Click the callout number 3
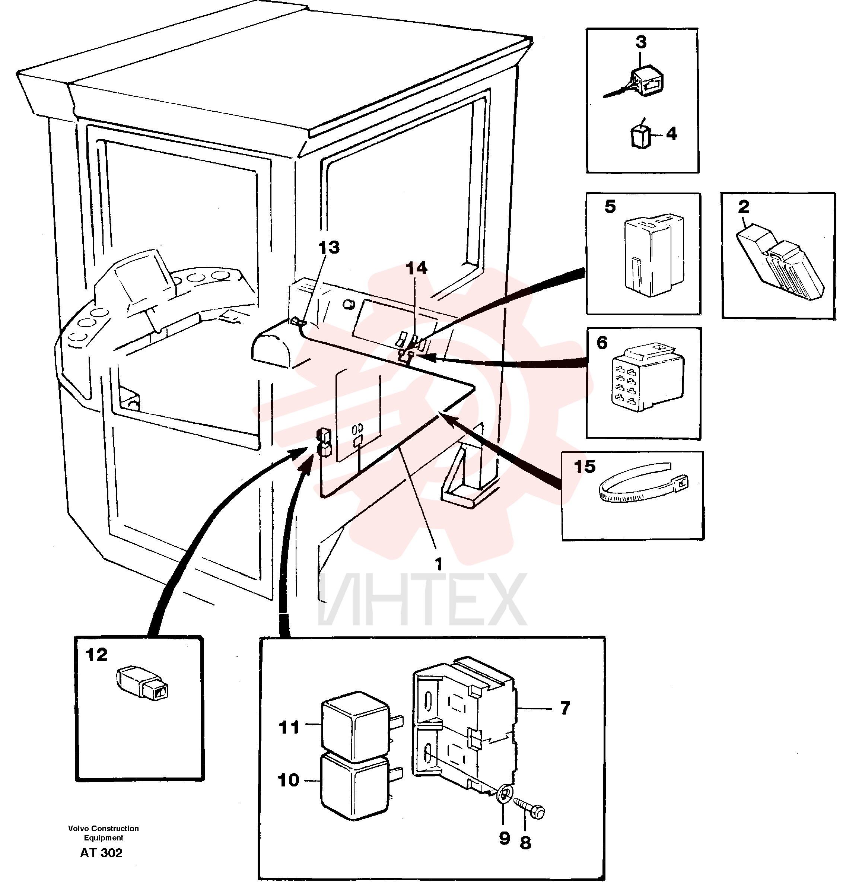point(641,42)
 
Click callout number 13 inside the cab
point(329,247)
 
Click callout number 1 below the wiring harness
point(438,564)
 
